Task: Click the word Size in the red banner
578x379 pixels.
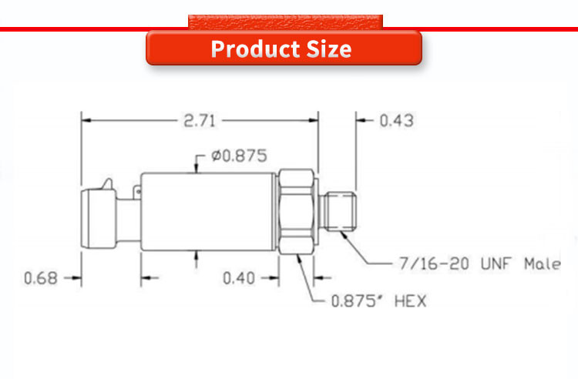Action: click(329, 49)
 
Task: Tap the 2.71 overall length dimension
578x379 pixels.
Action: click(200, 121)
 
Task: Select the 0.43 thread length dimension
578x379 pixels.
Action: click(397, 121)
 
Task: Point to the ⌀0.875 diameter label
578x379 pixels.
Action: click(239, 156)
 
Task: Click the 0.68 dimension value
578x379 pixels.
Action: click(41, 278)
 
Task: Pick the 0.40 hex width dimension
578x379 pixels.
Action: click(239, 278)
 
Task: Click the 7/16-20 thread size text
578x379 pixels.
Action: click(434, 263)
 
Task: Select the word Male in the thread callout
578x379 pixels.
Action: click(543, 263)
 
